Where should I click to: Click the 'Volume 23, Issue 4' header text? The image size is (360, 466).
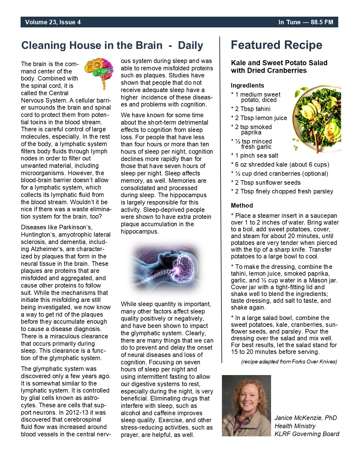53,22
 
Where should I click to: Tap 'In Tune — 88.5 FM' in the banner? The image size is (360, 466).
306,22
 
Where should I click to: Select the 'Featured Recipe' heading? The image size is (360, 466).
276,45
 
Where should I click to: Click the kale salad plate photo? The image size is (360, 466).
317,119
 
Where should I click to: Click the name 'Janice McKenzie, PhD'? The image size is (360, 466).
306,418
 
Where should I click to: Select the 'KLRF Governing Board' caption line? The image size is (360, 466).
307,434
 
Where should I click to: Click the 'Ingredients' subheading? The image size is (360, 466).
247,86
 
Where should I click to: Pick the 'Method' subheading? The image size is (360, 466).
242,205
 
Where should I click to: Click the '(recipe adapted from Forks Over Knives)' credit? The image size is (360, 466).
289,362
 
